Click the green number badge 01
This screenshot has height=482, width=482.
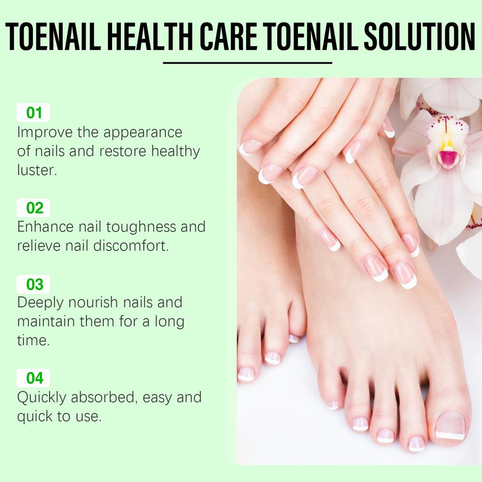[33, 113]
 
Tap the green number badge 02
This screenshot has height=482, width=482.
[33, 208]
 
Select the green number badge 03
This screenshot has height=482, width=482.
[33, 284]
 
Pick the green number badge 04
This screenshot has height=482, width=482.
[33, 378]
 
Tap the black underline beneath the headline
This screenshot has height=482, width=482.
[248, 63]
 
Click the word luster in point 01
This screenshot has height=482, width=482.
[37, 170]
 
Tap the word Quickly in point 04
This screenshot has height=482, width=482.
[41, 397]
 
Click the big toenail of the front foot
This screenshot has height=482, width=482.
[450, 425]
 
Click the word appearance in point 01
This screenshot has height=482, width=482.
[143, 132]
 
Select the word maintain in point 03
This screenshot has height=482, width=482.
[45, 322]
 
